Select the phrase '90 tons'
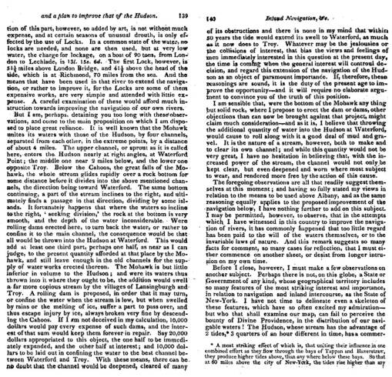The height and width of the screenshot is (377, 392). click(138, 59)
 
